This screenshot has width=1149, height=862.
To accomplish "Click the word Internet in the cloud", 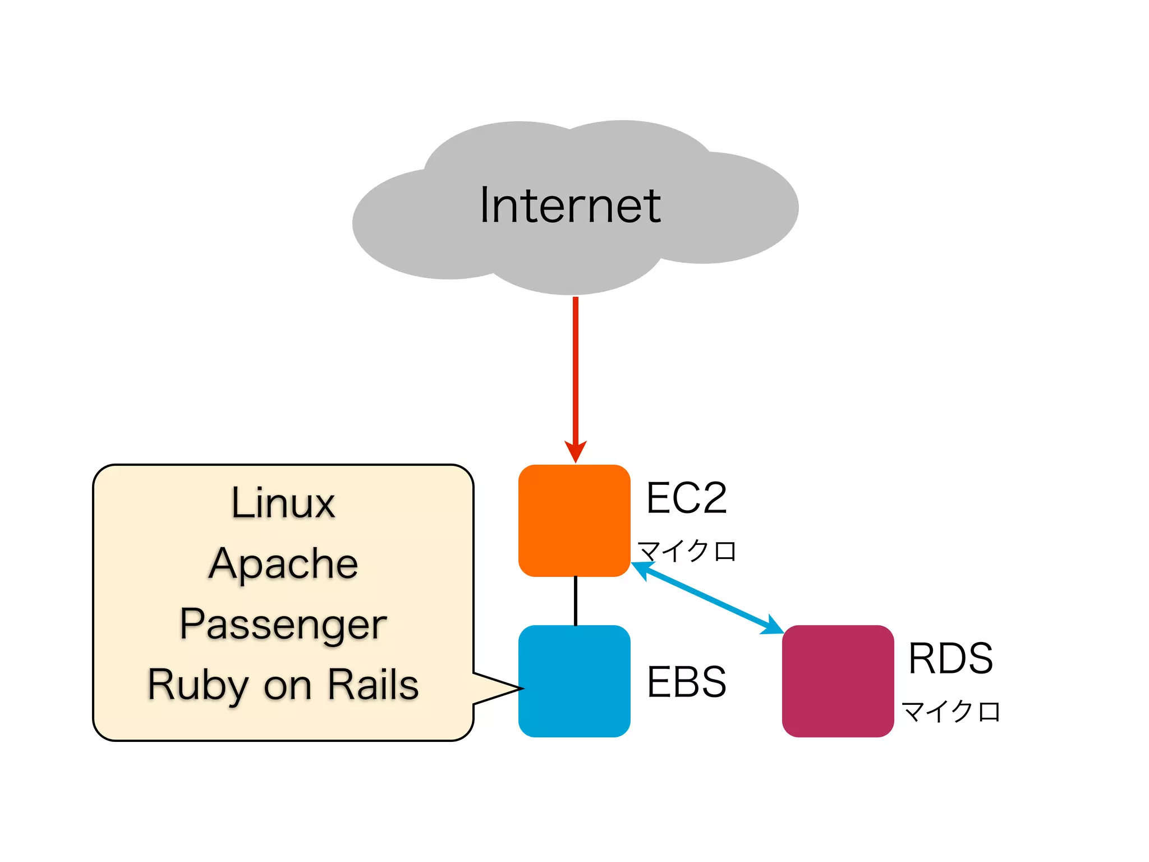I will [x=570, y=205].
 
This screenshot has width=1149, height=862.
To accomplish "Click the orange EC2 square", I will [x=574, y=520].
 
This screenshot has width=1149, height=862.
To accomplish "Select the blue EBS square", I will [x=574, y=681].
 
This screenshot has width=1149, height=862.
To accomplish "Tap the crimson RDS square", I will [x=838, y=681].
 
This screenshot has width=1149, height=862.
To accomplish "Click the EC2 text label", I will [x=686, y=498].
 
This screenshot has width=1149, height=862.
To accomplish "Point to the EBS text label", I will [x=686, y=682].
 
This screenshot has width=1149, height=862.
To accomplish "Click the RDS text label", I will [x=950, y=658].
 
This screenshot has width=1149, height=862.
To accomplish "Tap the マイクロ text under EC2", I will [x=687, y=551].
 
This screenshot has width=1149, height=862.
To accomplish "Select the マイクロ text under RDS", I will [x=950, y=711].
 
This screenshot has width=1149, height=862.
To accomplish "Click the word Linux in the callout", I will [x=283, y=503].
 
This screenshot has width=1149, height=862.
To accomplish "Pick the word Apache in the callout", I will [x=283, y=564].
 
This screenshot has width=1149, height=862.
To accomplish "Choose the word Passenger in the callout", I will [x=283, y=625].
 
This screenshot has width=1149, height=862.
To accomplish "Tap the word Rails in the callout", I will [x=373, y=685].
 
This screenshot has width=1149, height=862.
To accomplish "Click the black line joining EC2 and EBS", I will [x=576, y=600].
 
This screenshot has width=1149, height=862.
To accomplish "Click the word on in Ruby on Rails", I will [x=287, y=687].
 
